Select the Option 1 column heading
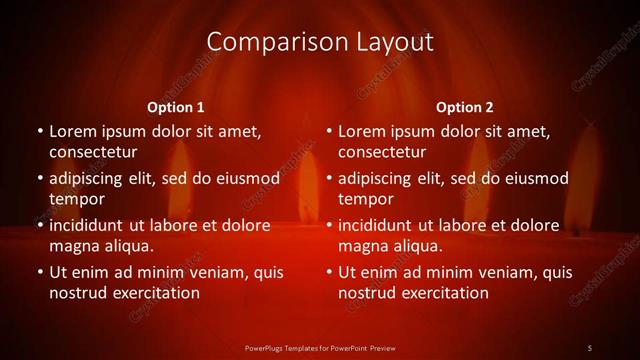point(176,107)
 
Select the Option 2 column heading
point(465,107)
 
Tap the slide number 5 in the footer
point(589,348)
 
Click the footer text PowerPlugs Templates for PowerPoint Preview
point(319,348)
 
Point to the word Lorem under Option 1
point(73,131)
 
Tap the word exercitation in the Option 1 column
point(154,293)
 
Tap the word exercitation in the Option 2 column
point(443,293)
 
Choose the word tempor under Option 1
point(76,199)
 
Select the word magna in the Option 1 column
point(73,246)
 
